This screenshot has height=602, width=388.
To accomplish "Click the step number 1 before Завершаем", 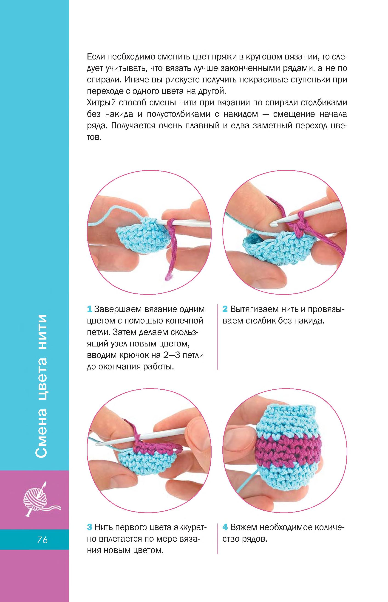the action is pos(89,309).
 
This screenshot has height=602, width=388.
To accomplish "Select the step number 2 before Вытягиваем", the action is pos(225,309).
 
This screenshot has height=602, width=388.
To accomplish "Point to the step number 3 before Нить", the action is pos(89,527).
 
